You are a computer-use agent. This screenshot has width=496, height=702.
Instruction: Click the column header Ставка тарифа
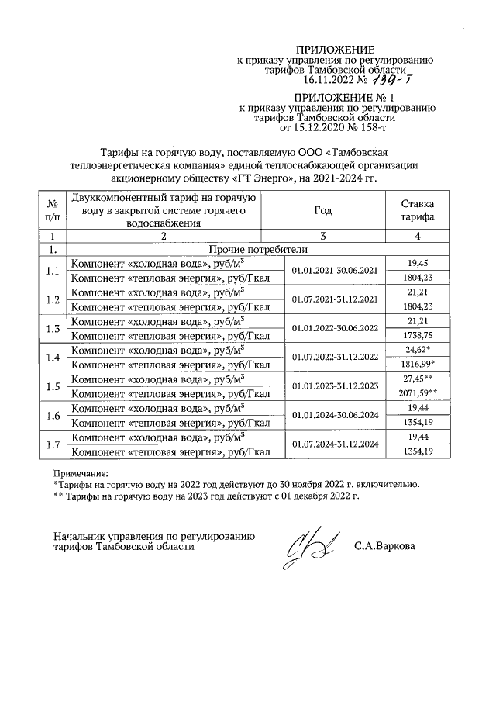point(417,209)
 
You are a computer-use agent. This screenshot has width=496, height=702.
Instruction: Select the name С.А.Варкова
point(384,546)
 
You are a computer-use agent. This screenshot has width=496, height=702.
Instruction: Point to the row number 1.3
point(53,328)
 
